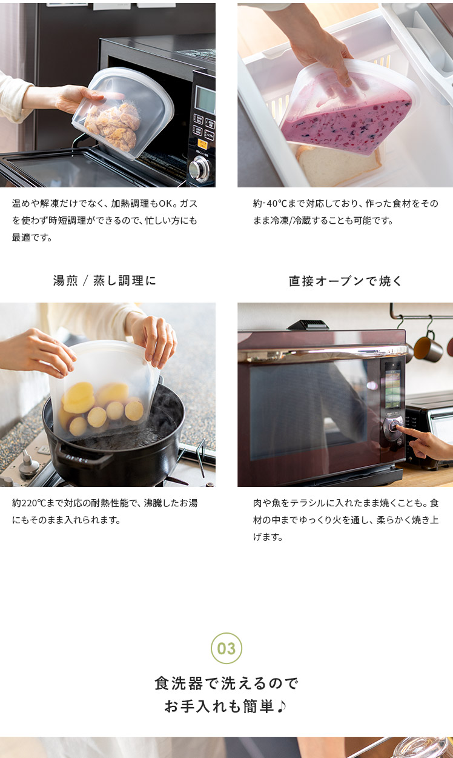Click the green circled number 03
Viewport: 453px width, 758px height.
click(226, 648)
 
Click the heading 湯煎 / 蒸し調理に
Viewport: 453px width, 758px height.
click(104, 281)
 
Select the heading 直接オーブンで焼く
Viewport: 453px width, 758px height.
click(345, 281)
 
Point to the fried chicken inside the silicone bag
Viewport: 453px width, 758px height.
click(113, 126)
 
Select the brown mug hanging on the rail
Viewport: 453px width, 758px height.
click(428, 349)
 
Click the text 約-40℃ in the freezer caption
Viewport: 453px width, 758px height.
click(269, 203)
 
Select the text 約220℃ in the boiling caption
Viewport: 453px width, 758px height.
click(28, 503)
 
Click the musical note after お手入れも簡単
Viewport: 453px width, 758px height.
click(281, 706)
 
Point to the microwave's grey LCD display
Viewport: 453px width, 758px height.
click(205, 100)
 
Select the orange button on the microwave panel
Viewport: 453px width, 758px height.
click(202, 144)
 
